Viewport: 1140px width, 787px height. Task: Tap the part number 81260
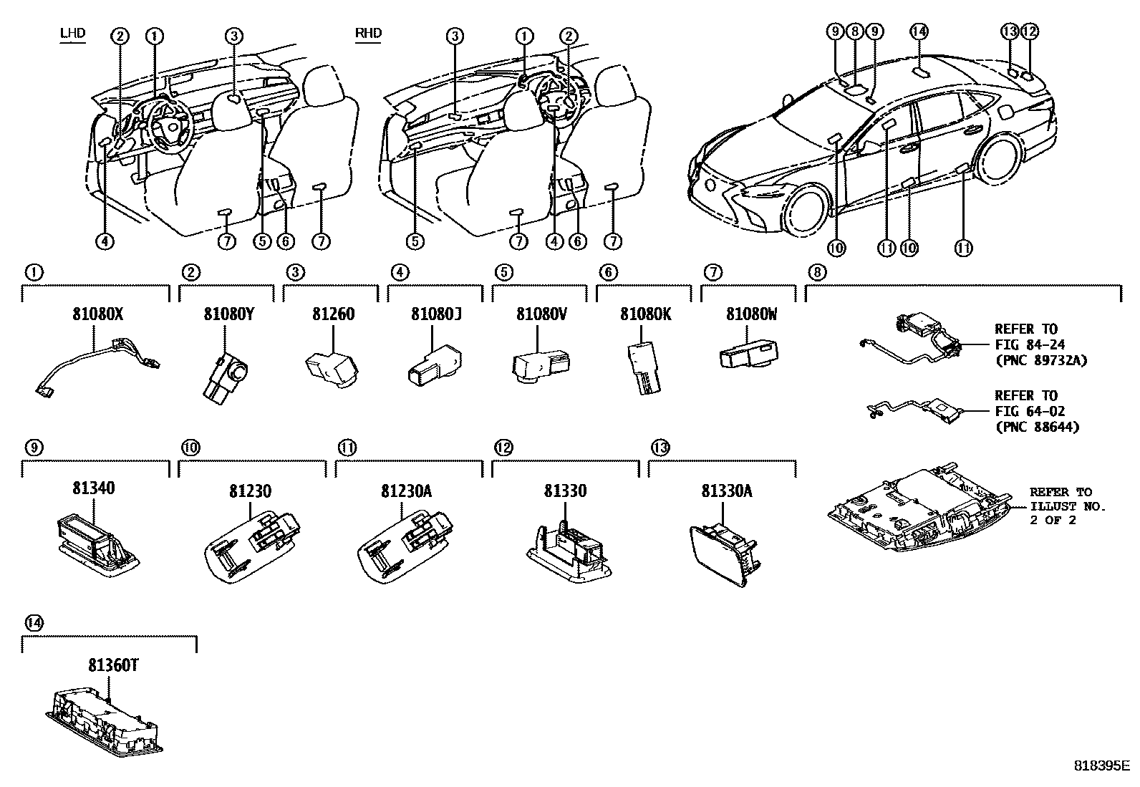pyautogui.click(x=333, y=314)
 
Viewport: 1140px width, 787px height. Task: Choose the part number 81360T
pyautogui.click(x=112, y=665)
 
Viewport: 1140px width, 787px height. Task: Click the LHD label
pyautogui.click(x=72, y=33)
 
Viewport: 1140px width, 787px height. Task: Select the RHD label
pyautogui.click(x=368, y=33)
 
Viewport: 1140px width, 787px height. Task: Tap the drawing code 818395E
pyautogui.click(x=1101, y=764)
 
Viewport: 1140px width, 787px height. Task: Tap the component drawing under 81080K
pyautogui.click(x=644, y=367)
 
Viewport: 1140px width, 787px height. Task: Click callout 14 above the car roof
pyautogui.click(x=919, y=31)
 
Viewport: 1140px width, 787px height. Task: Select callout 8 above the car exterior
pyautogui.click(x=854, y=31)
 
